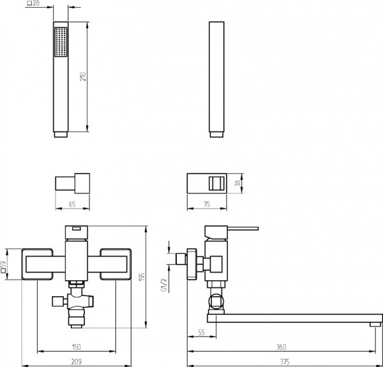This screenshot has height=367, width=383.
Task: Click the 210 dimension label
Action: [84, 77]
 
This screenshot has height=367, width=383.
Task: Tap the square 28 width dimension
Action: [33, 3]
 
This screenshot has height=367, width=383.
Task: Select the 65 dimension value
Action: [72, 204]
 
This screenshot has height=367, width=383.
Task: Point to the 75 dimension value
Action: [207, 204]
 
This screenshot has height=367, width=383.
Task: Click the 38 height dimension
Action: [237, 183]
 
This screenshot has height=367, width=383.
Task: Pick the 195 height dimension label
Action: [142, 276]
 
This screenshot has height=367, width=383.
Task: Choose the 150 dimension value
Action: [77, 347]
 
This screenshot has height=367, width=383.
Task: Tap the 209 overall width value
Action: [77, 361]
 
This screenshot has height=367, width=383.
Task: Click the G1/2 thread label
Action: [163, 285]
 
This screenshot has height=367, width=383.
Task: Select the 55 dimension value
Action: [201, 333]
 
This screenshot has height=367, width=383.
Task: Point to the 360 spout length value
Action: [282, 347]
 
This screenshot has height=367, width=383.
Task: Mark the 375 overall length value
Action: [285, 361]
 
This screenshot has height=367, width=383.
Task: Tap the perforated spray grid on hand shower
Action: [61, 41]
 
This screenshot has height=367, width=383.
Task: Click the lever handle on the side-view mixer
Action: [243, 228]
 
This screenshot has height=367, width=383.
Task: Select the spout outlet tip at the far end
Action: [375, 324]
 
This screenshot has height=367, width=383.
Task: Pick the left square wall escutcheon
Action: [37, 264]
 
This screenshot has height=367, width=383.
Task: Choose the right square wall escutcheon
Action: [116, 264]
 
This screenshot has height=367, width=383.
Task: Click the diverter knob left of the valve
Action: [58, 301]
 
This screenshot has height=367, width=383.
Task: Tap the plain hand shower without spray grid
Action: [216, 79]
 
